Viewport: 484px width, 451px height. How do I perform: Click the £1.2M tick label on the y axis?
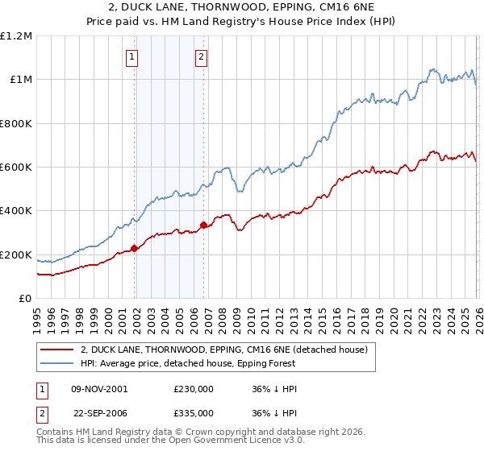coord(16,36)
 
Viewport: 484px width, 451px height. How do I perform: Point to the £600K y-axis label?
coord(16,168)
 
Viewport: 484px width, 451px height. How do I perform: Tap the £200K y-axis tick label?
coord(16,255)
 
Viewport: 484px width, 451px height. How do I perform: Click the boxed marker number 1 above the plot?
coord(131,56)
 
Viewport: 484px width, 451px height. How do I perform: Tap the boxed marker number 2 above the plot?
coord(201,56)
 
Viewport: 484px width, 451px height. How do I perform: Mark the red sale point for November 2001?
coord(135,248)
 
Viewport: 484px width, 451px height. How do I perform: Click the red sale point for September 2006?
coord(203,225)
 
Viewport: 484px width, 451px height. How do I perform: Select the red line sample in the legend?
coord(57,350)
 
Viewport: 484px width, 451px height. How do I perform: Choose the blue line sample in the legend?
coord(57,363)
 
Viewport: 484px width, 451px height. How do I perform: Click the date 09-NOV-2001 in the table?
coord(98,389)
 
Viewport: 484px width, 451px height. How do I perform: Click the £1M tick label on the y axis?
coord(20,80)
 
